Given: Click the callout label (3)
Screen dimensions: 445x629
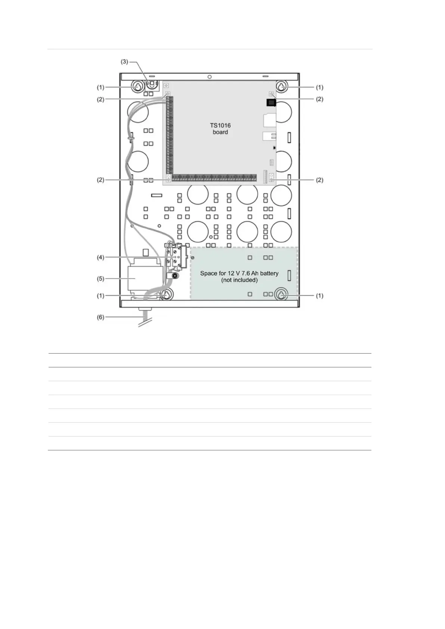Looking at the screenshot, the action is point(124,62).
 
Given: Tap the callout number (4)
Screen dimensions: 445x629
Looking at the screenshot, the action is point(101,257).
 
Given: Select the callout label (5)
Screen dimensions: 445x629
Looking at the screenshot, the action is point(101,278).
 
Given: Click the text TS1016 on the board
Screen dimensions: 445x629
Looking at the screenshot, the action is point(220,125).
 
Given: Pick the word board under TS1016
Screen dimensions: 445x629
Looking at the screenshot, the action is point(220,132).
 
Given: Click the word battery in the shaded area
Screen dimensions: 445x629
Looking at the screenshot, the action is point(269,273).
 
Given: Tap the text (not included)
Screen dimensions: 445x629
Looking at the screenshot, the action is point(240,280).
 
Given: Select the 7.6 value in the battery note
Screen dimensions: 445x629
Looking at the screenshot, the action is point(245,273).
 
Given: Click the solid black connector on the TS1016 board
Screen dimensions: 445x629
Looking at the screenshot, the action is point(271,103).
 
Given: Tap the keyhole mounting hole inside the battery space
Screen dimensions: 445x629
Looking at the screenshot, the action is point(281,294).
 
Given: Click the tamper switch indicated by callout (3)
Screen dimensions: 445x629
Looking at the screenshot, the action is point(152,84).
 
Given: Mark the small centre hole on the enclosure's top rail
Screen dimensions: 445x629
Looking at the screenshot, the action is point(210,77).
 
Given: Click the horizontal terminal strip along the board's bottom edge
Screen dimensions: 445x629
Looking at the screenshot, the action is point(214,177).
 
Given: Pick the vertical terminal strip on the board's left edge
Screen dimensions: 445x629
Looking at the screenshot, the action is point(170,135).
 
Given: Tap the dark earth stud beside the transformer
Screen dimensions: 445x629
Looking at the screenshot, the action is point(174,276).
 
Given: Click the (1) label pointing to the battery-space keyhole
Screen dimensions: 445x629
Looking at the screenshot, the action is point(319,296).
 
